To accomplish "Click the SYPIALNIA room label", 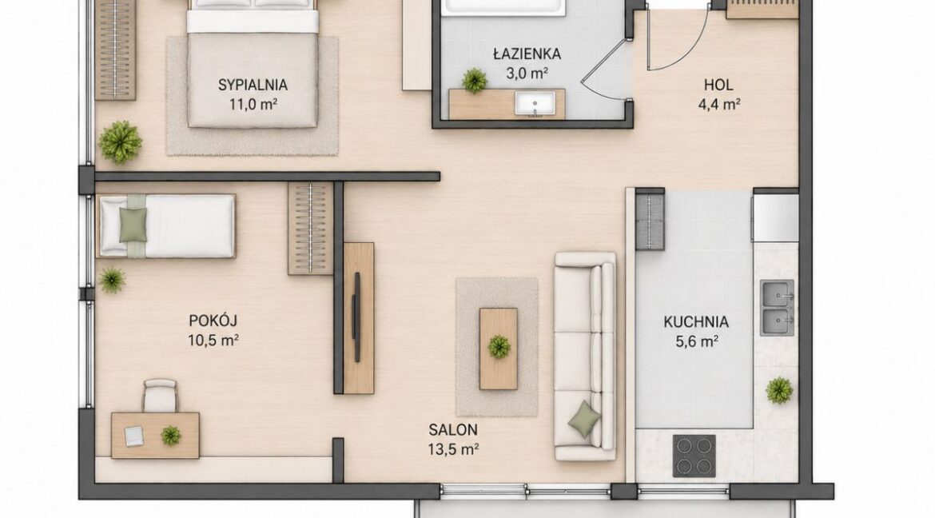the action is pyautogui.click(x=253, y=85).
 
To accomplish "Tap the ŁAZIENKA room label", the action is pyautogui.click(x=527, y=54).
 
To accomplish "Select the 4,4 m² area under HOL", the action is pyautogui.click(x=719, y=105).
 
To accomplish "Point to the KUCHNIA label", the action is pyautogui.click(x=696, y=322).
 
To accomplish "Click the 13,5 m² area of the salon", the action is pyautogui.click(x=454, y=449).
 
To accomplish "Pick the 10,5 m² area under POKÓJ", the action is pyautogui.click(x=213, y=341).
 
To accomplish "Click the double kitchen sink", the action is pyautogui.click(x=777, y=308).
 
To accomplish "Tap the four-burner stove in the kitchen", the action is pyautogui.click(x=694, y=456).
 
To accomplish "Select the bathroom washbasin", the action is pyautogui.click(x=535, y=104).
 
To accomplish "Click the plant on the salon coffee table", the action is pyautogui.click(x=499, y=347).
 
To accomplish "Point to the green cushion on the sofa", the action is pyautogui.click(x=584, y=420).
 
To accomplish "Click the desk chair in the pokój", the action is pyautogui.click(x=161, y=395).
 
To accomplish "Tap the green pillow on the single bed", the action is pyautogui.click(x=133, y=225).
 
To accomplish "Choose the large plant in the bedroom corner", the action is pyautogui.click(x=121, y=142).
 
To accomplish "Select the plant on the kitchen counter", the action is pyautogui.click(x=779, y=390).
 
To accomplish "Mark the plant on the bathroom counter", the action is pyautogui.click(x=475, y=81).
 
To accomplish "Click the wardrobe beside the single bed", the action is pyautogui.click(x=310, y=229).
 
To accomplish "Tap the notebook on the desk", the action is pyautogui.click(x=134, y=436).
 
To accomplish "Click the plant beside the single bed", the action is pyautogui.click(x=112, y=280).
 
